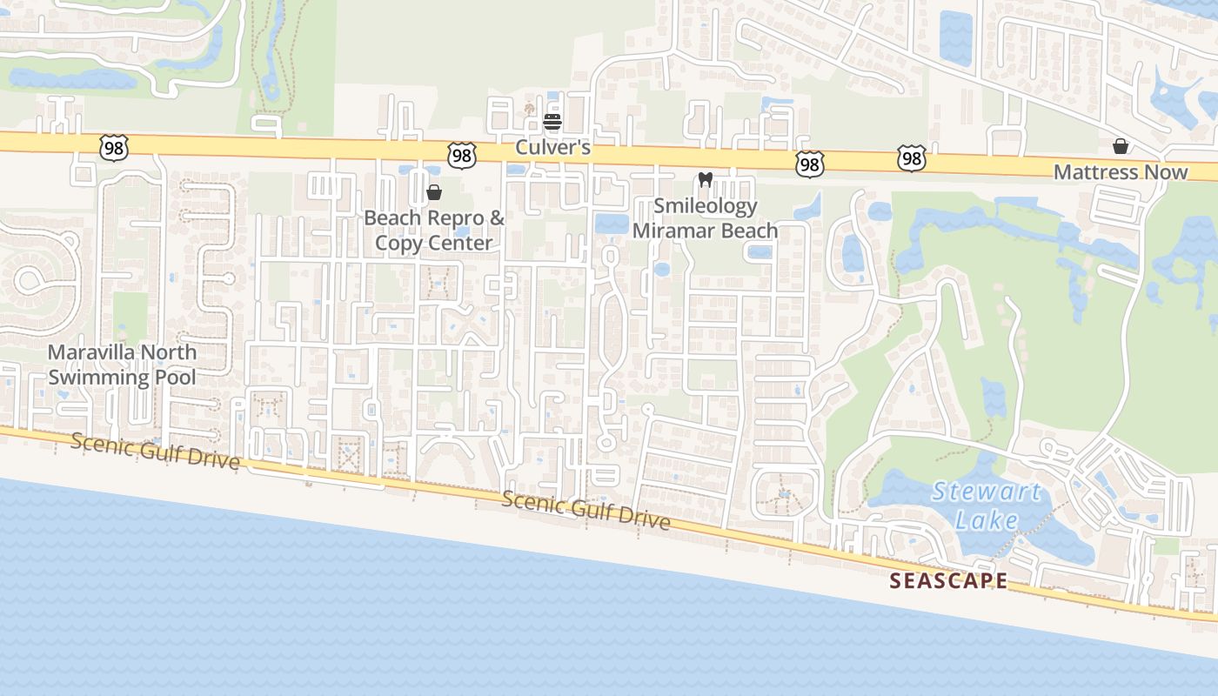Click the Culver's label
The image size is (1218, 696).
pyautogui.click(x=552, y=147)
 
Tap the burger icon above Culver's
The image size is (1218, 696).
pyautogui.click(x=552, y=121)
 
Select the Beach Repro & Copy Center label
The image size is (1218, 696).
pyautogui.click(x=433, y=230)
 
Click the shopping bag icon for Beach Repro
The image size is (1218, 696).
pyautogui.click(x=433, y=191)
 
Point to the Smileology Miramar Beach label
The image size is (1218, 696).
pyautogui.click(x=705, y=218)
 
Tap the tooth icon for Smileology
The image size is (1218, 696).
pyautogui.click(x=706, y=180)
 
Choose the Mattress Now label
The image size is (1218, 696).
pyautogui.click(x=1120, y=171)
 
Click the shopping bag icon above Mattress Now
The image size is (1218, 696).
pyautogui.click(x=1121, y=146)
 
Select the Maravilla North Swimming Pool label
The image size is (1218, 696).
pyautogui.click(x=122, y=365)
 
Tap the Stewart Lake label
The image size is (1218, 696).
pyautogui.click(x=987, y=505)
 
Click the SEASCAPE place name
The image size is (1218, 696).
pyautogui.click(x=948, y=581)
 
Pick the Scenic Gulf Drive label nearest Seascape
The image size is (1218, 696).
pyautogui.click(x=586, y=511)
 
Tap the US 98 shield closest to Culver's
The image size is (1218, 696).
pyautogui.click(x=462, y=156)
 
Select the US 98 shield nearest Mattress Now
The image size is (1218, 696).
pyautogui.click(x=911, y=159)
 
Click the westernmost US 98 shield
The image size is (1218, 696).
pyautogui.click(x=113, y=148)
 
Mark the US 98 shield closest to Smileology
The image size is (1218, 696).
pyautogui.click(x=808, y=163)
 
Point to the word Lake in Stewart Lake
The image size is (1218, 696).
pyautogui.click(x=987, y=520)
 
